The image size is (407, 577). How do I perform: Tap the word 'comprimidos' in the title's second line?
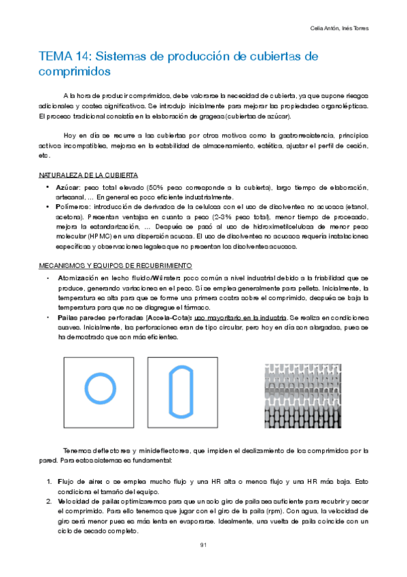[75, 71]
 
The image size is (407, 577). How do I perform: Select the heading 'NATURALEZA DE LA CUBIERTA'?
[88, 175]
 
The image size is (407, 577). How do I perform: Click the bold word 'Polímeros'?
[74, 205]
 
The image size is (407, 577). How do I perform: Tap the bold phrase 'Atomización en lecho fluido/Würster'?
[120, 279]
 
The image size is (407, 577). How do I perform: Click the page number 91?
[203, 545]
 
